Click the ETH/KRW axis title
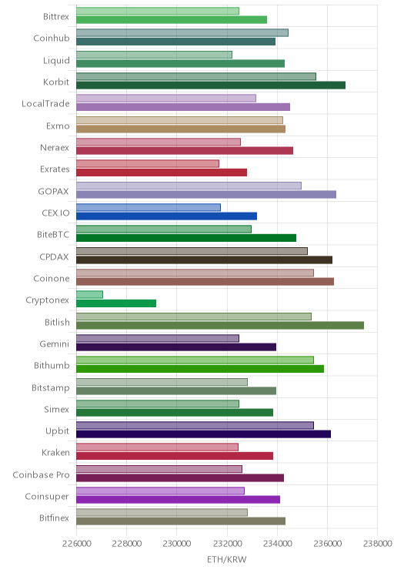227,559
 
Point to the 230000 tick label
177,544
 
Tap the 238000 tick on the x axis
378,544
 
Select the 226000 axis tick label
76,544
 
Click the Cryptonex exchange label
47,300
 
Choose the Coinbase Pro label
41,474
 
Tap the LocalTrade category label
45,104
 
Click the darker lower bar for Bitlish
220,325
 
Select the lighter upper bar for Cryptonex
89,294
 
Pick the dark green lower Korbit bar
211,85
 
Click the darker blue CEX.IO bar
166,216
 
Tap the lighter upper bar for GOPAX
189,186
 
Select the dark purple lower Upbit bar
203,434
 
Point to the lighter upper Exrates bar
148,164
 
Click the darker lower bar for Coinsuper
179,500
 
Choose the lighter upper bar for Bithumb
195,360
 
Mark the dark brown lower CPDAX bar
204,260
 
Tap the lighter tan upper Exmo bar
179,120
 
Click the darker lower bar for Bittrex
172,20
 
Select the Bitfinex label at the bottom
54,518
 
